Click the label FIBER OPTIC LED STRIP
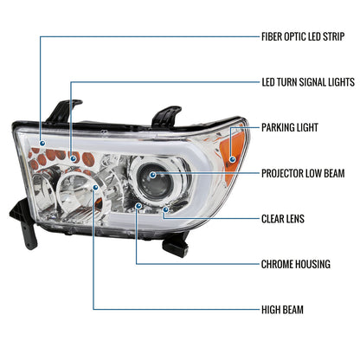[303, 37]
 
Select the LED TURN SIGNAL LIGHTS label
[308, 82]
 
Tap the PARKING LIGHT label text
[290, 127]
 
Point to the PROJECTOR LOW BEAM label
[303, 173]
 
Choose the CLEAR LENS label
[283, 219]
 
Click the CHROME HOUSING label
[296, 264]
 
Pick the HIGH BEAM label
[282, 310]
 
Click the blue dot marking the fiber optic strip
[42, 143]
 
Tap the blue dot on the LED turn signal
[74, 158]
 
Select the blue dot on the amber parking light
[233, 159]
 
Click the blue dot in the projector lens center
[152, 175]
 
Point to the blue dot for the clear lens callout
[165, 209]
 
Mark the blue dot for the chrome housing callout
[138, 206]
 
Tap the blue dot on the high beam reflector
[95, 188]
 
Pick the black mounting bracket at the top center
[166, 117]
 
